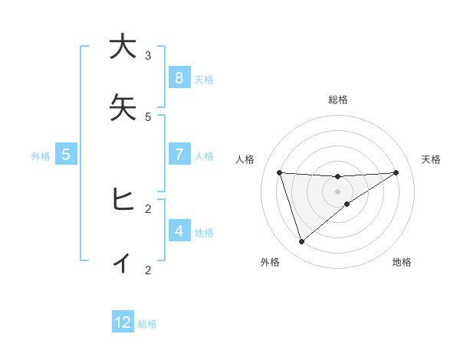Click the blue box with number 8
[x=179, y=78]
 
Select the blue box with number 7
[x=179, y=155]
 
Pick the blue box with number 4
[x=179, y=231]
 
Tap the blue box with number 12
[x=123, y=322]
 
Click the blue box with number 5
[x=66, y=155]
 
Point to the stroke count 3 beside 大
[x=148, y=55]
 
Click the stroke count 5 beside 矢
[x=148, y=116]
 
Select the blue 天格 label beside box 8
[x=204, y=79]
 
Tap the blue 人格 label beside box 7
[x=204, y=155]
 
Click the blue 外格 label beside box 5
[x=41, y=155]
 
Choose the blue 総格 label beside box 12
[x=147, y=323]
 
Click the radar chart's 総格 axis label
[x=337, y=100]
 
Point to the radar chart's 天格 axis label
[x=431, y=159]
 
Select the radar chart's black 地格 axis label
[x=402, y=262]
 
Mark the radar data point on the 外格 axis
[x=301, y=242]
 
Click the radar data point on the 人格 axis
[x=279, y=172]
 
